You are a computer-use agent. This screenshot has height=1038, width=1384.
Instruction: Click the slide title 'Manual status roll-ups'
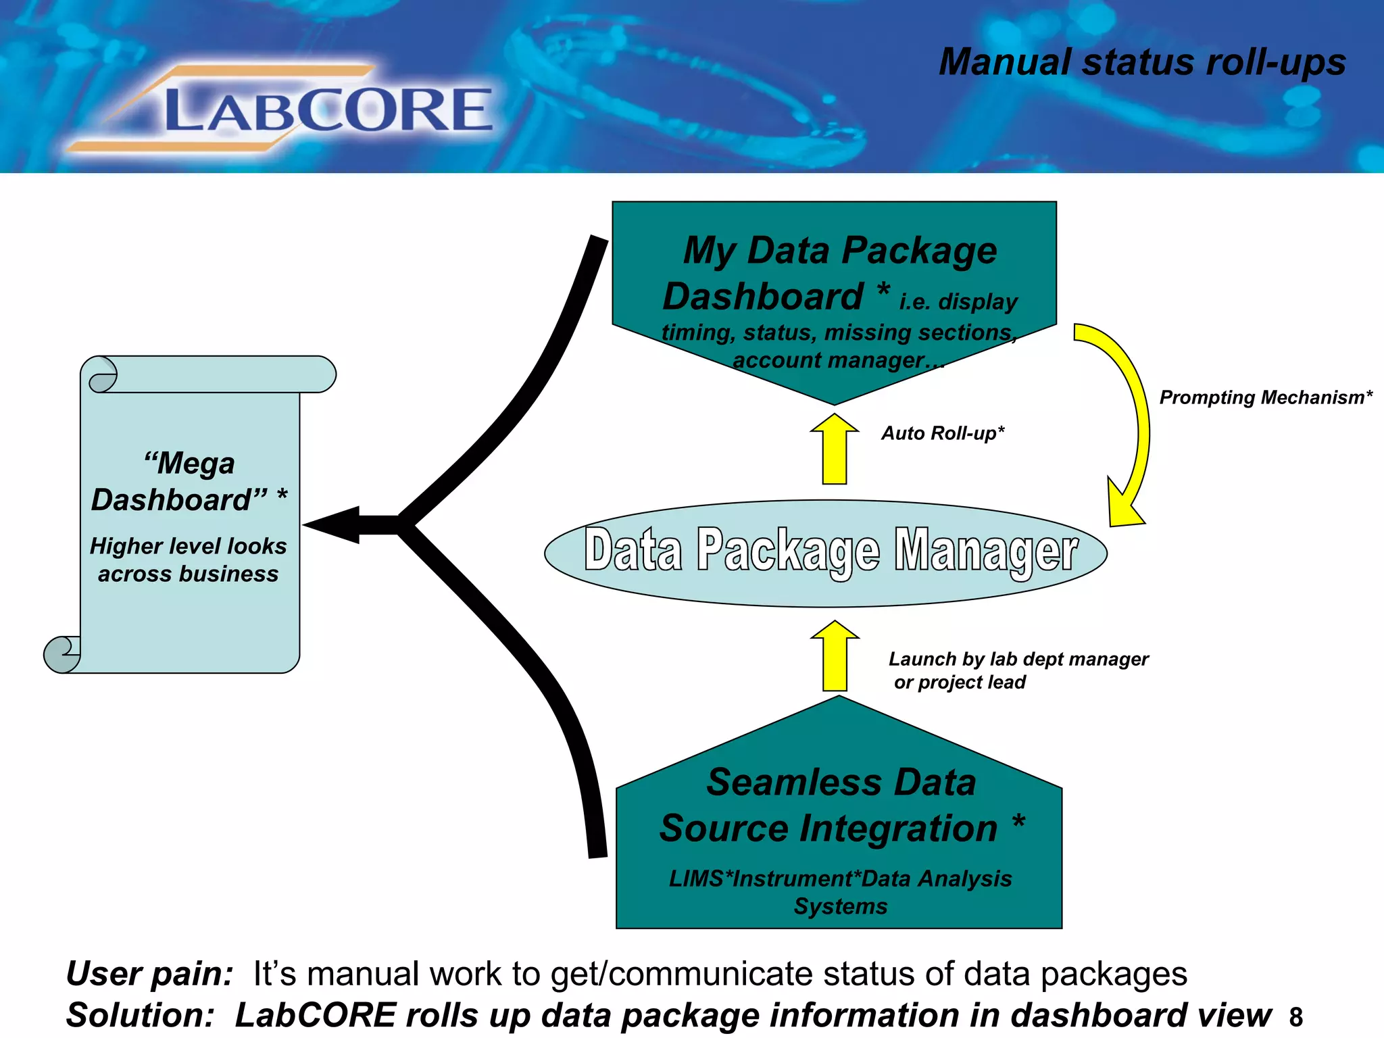point(1141,62)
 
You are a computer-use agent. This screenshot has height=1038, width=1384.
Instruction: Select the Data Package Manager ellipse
point(826,553)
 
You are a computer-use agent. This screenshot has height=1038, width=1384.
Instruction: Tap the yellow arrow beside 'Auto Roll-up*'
point(835,449)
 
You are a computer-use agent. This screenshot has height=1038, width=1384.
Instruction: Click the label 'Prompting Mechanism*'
point(1266,397)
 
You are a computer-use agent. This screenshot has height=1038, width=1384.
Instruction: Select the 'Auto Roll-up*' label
point(943,433)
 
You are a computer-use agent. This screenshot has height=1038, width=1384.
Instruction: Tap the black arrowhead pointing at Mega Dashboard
point(335,524)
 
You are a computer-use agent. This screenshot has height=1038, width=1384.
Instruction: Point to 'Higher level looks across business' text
point(189,560)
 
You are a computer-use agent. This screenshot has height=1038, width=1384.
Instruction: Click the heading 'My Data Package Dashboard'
point(831,273)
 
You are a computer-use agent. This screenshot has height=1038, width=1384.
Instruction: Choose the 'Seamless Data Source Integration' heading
point(841,805)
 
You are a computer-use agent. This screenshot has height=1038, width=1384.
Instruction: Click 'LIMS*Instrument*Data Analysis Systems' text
point(840,892)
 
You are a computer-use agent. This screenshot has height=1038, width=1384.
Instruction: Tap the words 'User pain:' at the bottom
point(149,974)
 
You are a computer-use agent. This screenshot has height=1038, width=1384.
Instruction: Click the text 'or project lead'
point(960,683)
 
